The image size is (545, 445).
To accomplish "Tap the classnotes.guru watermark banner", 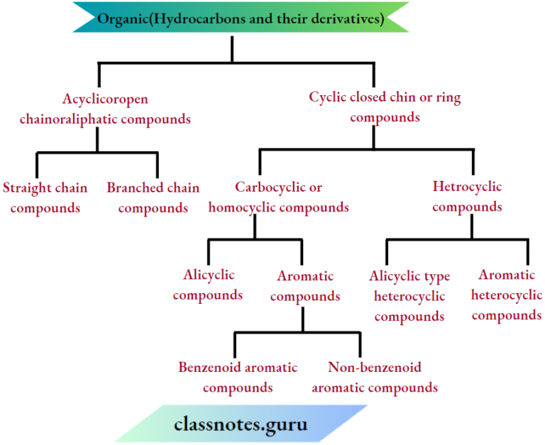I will (x=241, y=424).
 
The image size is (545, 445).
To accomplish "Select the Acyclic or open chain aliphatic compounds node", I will (x=105, y=109).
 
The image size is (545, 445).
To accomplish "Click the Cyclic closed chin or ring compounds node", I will (x=385, y=107).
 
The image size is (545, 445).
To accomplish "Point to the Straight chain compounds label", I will (x=45, y=198).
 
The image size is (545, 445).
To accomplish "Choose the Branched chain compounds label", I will (x=153, y=198).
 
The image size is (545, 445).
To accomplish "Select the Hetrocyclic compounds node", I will (x=467, y=197).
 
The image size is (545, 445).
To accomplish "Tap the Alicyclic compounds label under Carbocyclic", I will (x=208, y=285).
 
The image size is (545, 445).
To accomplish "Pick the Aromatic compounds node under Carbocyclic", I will (x=305, y=286).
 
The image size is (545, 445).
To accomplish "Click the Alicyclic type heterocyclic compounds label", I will (x=409, y=296).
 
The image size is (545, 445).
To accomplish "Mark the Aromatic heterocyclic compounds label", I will (x=507, y=295).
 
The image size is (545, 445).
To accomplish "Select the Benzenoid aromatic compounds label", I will (x=238, y=378).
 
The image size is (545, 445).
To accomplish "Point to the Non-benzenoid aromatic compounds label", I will (x=375, y=378).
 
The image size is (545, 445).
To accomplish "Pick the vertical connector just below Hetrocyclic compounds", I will (x=471, y=226).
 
